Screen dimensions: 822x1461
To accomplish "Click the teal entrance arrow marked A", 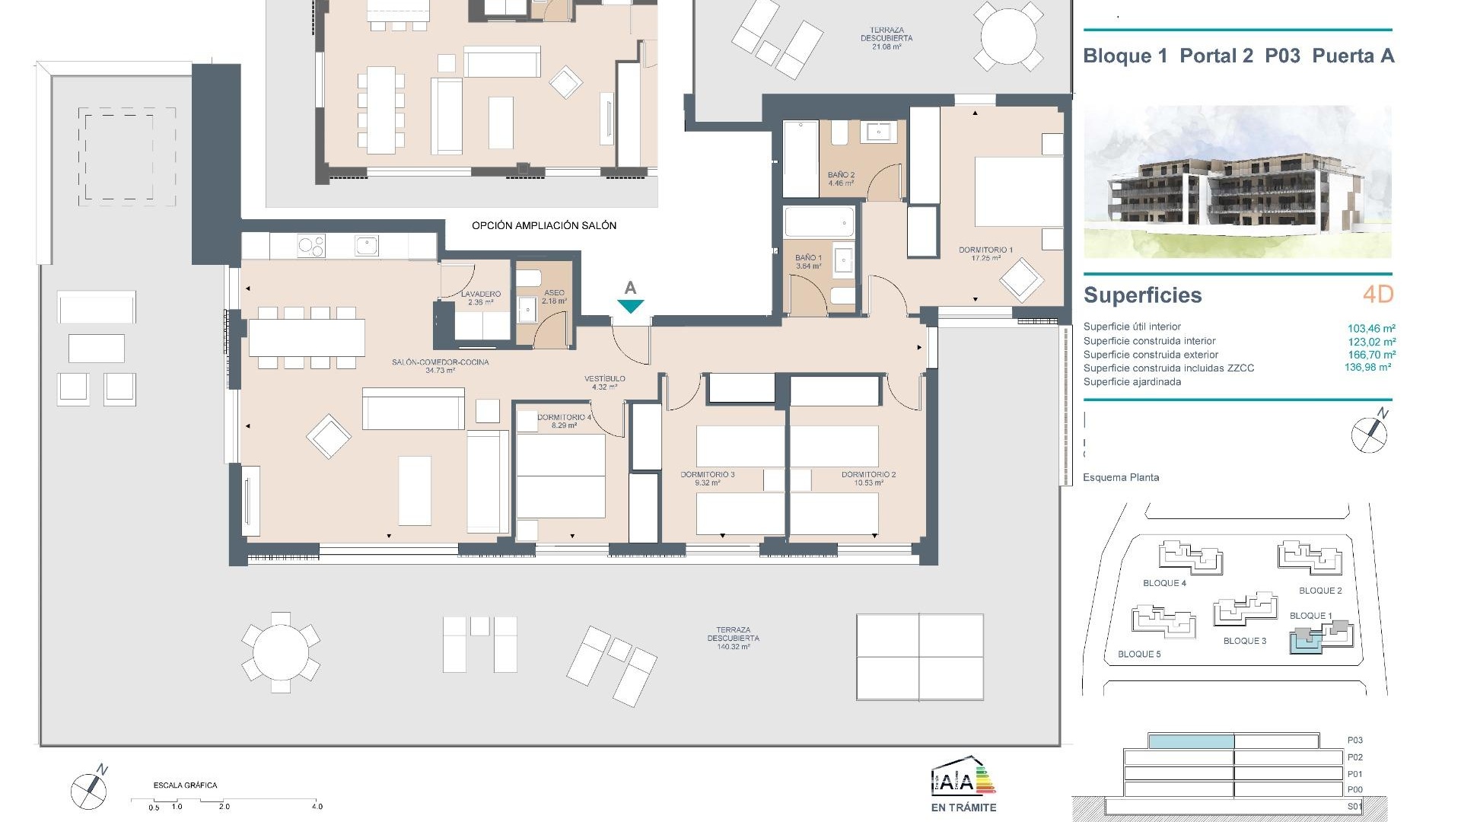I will (630, 306).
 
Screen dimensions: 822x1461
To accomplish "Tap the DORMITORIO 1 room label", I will (985, 250).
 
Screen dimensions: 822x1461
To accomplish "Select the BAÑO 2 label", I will (841, 175).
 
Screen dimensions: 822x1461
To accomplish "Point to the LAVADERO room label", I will (480, 294).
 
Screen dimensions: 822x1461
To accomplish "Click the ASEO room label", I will (554, 293).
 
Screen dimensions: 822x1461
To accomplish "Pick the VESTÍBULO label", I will (605, 378).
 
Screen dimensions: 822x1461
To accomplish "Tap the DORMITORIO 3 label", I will (707, 474).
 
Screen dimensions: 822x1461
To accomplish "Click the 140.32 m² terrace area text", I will (733, 647).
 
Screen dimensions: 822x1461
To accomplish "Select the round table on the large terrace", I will (281, 652).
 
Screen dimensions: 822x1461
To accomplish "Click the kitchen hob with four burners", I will (310, 246).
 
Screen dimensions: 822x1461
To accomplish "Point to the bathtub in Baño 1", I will (819, 223).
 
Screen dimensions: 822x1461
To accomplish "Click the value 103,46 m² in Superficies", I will (1371, 329).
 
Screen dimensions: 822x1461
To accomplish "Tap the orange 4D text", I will (1377, 295).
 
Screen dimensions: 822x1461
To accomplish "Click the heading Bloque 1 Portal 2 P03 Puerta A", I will (1238, 56).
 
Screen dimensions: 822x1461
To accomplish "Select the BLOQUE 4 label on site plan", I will (1164, 583).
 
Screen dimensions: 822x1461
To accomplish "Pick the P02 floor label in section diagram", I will (1354, 757).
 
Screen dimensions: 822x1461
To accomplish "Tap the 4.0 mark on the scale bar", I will (317, 806).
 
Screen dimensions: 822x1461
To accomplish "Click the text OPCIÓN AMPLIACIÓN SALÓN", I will (543, 225).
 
